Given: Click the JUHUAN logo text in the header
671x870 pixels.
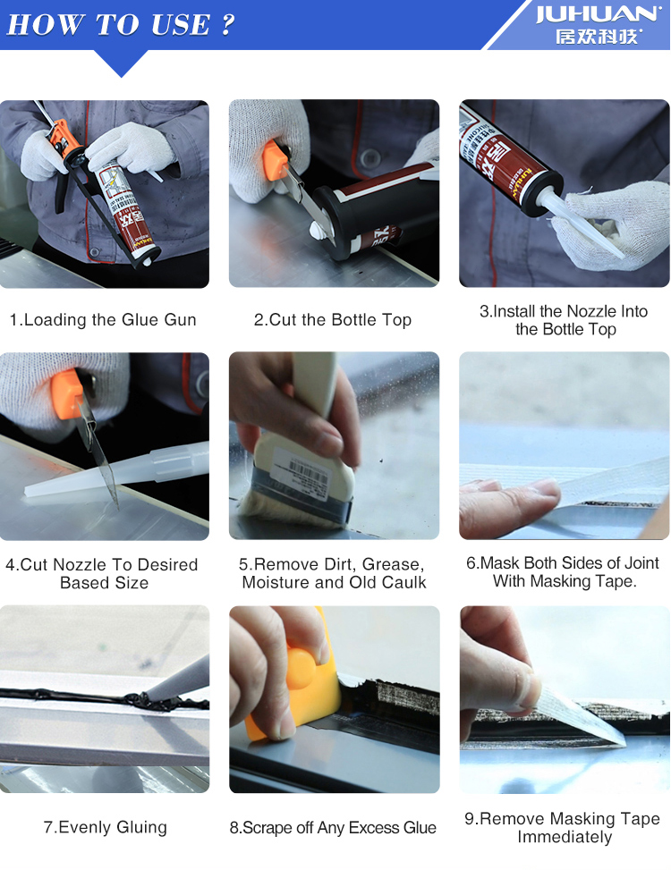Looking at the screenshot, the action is pos(599,14).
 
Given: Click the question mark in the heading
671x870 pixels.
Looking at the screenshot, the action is pos(227,25).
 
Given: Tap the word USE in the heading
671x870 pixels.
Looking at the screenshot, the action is pos(181,25).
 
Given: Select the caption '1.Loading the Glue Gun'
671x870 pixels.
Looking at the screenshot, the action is pos(103,319).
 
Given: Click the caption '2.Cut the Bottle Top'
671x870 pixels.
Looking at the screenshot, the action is pos(333,319).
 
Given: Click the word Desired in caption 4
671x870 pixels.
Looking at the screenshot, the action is pos(167,564).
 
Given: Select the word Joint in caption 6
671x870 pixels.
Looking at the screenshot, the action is pos(641,562).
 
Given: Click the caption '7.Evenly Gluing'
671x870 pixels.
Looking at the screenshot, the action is pos(105,827).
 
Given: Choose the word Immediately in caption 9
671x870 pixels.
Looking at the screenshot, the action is pos(565,837).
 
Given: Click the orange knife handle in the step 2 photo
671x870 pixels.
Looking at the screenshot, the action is pos(276,161).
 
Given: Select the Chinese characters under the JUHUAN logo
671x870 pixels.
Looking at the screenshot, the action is pos(599,37).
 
